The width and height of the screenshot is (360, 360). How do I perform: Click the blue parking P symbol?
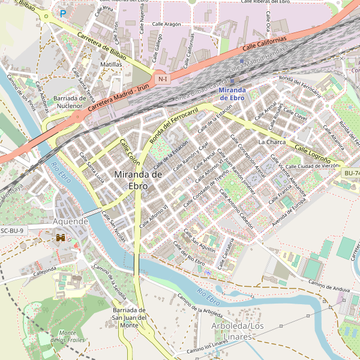point(62,13)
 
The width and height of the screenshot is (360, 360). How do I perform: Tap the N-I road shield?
point(162,79)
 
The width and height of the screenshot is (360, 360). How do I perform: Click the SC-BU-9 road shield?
point(12,230)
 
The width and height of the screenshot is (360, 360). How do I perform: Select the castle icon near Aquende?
point(61,238)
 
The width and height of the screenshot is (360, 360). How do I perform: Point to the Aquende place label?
point(71,221)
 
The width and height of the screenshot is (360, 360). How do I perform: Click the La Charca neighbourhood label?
point(272,142)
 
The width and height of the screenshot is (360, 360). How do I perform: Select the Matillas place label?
point(112,64)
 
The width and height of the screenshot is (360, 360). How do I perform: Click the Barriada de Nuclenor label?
point(70,102)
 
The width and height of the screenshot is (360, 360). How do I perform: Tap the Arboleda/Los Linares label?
point(238,331)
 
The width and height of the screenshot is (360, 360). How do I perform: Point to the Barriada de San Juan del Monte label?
point(130,317)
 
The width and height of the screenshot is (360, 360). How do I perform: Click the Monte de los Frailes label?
point(67,337)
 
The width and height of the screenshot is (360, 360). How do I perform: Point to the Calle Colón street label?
point(130,152)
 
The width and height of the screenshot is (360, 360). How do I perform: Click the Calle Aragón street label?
point(166,24)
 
